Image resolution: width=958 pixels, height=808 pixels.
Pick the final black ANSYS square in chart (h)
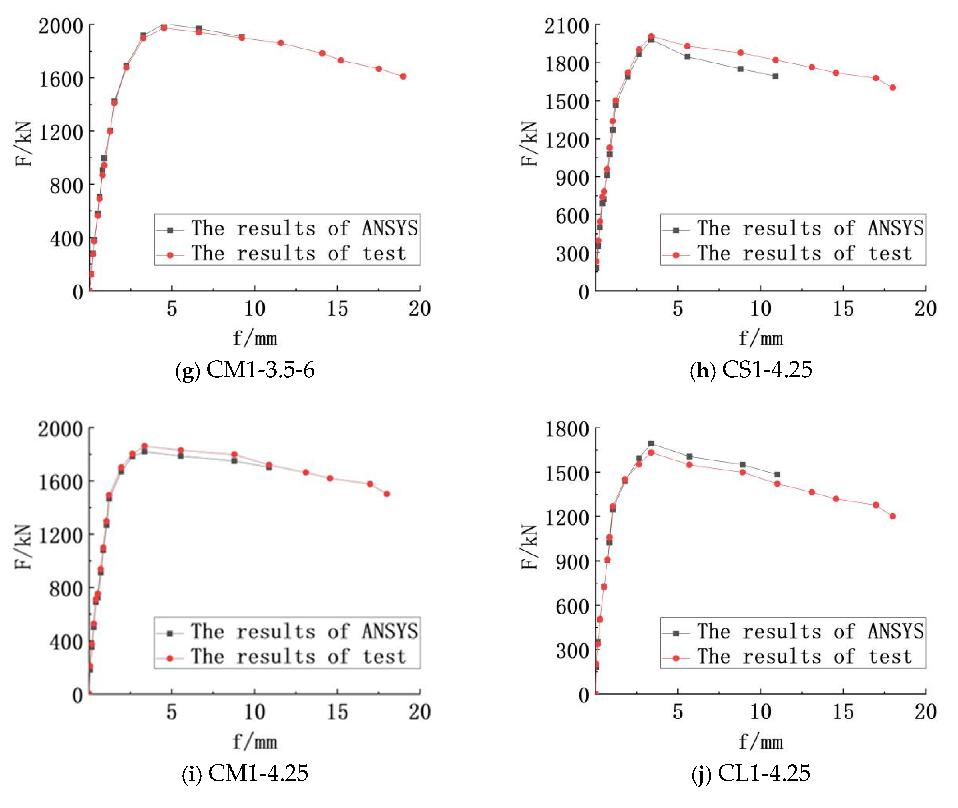776,76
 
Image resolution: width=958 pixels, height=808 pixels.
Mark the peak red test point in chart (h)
651,36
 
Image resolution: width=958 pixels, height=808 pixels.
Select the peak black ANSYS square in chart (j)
651,444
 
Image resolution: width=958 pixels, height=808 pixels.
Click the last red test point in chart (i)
387,494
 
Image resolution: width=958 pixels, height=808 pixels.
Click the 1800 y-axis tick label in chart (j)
566,429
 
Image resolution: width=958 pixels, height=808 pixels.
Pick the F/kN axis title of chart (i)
24,547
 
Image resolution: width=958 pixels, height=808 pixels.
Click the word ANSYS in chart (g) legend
390,228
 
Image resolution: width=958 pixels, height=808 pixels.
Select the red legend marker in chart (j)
676,658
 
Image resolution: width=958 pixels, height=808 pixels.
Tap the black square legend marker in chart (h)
676,230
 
